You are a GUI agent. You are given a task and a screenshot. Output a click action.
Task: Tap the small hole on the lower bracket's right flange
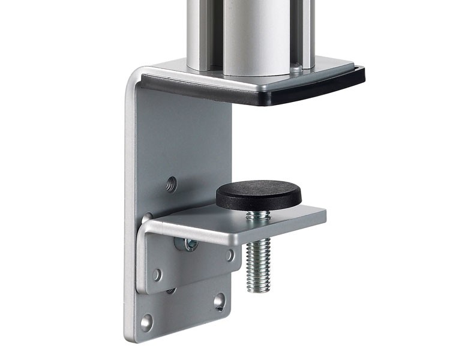point(230,254)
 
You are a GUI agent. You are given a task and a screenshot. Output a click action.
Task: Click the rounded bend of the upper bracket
point(133,81)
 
